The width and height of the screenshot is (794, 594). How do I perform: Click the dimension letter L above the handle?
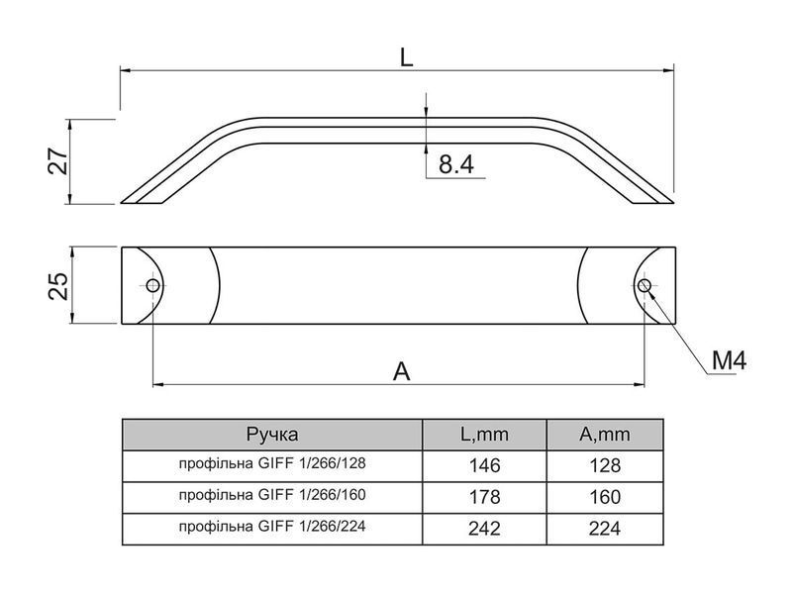pyautogui.click(x=406, y=57)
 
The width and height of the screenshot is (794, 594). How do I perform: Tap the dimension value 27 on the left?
pyautogui.click(x=58, y=160)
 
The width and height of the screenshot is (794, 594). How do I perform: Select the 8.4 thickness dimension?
pyautogui.click(x=455, y=164)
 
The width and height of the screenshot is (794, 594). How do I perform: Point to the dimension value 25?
pyautogui.click(x=58, y=286)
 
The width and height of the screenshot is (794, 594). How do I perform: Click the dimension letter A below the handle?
pyautogui.click(x=402, y=371)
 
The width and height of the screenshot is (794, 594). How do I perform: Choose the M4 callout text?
pyautogui.click(x=729, y=361)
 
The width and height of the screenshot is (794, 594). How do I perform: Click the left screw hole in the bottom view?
pyautogui.click(x=152, y=285)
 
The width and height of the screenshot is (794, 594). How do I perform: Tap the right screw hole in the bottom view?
pyautogui.click(x=645, y=285)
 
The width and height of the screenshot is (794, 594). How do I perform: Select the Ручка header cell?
pyautogui.click(x=272, y=434)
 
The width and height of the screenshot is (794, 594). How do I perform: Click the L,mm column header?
pyautogui.click(x=484, y=434)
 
